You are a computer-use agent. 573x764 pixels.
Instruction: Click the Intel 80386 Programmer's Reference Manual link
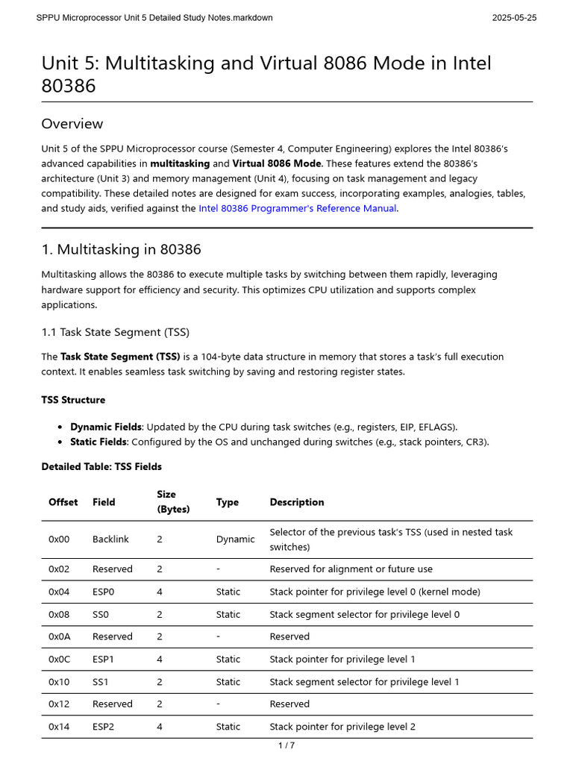[298, 208]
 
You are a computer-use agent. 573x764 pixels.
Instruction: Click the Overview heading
[72, 124]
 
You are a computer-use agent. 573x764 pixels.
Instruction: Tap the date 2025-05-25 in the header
[514, 18]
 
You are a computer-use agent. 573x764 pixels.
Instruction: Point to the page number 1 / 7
[286, 745]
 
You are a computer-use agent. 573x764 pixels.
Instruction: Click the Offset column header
[63, 502]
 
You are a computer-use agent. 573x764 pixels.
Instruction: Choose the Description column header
[297, 502]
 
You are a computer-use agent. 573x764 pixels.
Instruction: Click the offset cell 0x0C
[60, 659]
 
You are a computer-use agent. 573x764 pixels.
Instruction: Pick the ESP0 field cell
[104, 592]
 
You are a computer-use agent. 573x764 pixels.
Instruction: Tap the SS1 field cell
[102, 682]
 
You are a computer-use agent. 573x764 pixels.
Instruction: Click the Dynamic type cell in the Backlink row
[235, 539]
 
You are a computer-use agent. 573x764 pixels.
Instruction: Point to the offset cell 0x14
[59, 727]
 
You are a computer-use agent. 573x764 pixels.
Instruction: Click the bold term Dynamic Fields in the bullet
[106, 427]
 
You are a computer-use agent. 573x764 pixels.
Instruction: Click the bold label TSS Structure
[73, 400]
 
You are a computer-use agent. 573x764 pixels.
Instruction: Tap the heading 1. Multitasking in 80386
[121, 249]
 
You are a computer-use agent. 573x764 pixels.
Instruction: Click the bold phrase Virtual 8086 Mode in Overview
[277, 163]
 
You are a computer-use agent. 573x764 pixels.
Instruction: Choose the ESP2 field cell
[104, 727]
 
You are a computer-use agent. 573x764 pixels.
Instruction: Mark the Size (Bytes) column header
[173, 502]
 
